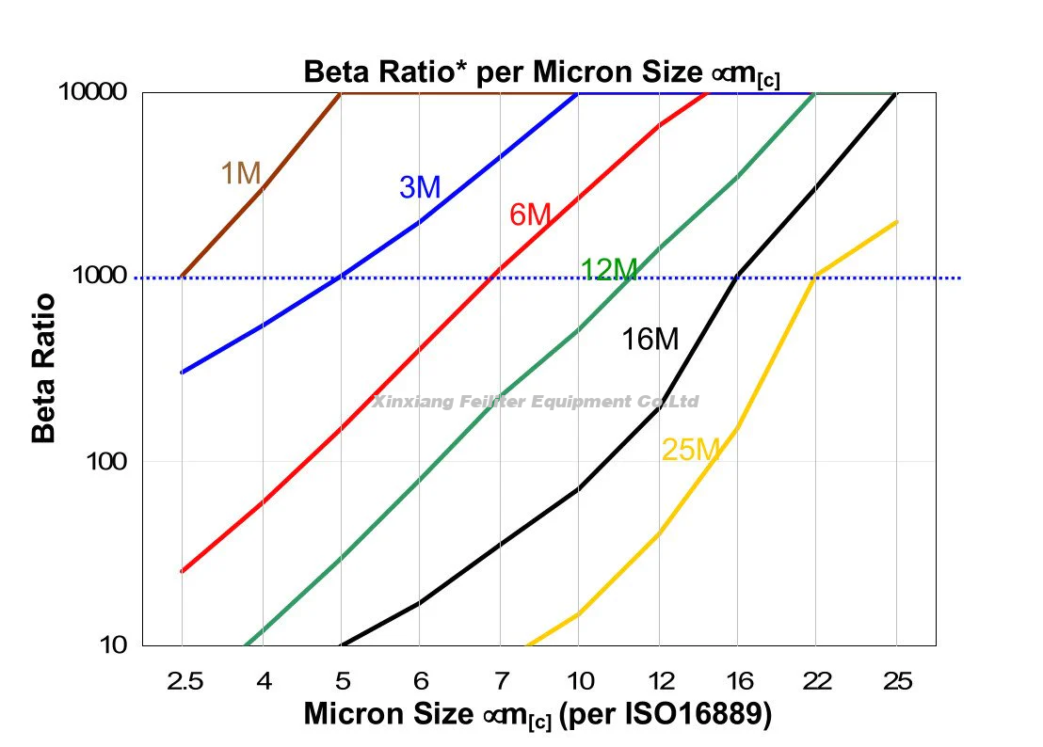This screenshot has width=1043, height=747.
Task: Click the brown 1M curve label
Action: (x=240, y=173)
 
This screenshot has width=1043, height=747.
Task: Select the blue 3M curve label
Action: (x=420, y=187)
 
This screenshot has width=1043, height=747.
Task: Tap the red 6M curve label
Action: (x=529, y=215)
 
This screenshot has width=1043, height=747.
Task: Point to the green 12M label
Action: (x=608, y=270)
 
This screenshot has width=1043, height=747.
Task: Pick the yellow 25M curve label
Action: (x=690, y=450)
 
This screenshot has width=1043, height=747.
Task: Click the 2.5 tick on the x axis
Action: (x=182, y=679)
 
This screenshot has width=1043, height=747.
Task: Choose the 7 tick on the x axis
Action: (x=499, y=679)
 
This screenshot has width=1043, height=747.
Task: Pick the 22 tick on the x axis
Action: (x=817, y=679)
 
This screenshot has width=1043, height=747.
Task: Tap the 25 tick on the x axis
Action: (x=896, y=679)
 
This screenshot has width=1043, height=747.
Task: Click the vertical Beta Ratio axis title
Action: (x=44, y=369)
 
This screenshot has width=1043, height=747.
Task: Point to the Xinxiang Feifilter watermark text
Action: (x=537, y=402)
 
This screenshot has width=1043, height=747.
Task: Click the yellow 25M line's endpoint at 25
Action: (x=896, y=222)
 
